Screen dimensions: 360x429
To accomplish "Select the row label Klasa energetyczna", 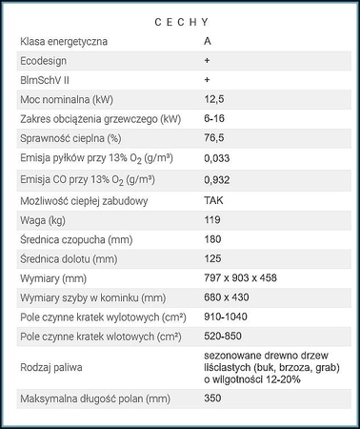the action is pyautogui.click(x=64, y=42).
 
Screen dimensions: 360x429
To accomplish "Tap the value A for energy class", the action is pyautogui.click(x=208, y=42).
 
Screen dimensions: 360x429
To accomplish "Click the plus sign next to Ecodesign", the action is pyautogui.click(x=207, y=61).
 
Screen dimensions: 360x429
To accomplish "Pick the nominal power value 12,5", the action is pyautogui.click(x=214, y=100).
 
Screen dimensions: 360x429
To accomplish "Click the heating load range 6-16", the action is pyautogui.click(x=216, y=119).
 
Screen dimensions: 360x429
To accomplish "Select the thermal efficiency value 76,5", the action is pyautogui.click(x=214, y=139).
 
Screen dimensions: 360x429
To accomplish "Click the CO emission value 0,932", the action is pyautogui.click(x=218, y=180).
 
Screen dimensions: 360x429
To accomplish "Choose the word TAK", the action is pyautogui.click(x=213, y=200).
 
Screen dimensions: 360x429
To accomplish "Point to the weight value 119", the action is pyautogui.click(x=212, y=219).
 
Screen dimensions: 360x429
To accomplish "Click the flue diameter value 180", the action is pyautogui.click(x=213, y=238).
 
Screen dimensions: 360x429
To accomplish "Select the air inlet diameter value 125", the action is pyautogui.click(x=212, y=257).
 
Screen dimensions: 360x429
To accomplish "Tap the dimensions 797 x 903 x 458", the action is pyautogui.click(x=243, y=277).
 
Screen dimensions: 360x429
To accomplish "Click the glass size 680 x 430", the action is pyautogui.click(x=227, y=296).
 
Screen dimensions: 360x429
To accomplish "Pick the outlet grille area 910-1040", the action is pyautogui.click(x=227, y=316).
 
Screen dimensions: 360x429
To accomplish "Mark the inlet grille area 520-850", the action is pyautogui.click(x=225, y=336).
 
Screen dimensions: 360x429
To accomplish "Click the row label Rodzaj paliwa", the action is pyautogui.click(x=53, y=366).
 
